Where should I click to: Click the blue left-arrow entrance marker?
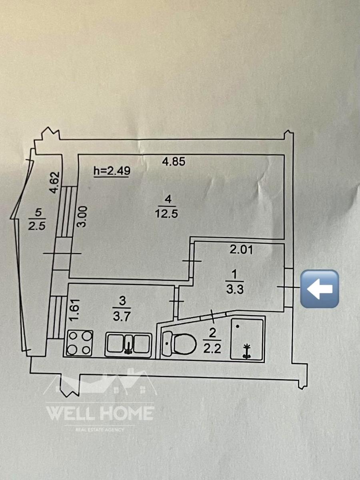pos(320,289)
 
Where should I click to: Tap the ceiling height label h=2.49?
pos(112,171)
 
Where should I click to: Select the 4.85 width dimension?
pos(174,162)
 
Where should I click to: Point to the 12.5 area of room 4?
pos(166,214)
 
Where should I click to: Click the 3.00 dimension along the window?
pos(83,216)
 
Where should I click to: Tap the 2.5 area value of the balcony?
pos(37,226)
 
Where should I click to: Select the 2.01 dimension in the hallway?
pos(241,250)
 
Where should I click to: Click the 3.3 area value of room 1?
pos(235,289)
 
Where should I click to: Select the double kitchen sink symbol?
pos(128,345)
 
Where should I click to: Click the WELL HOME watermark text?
pos(100,413)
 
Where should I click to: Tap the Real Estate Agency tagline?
pos(100,430)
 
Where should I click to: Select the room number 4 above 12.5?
pos(168,199)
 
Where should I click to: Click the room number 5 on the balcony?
pos(38,213)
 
